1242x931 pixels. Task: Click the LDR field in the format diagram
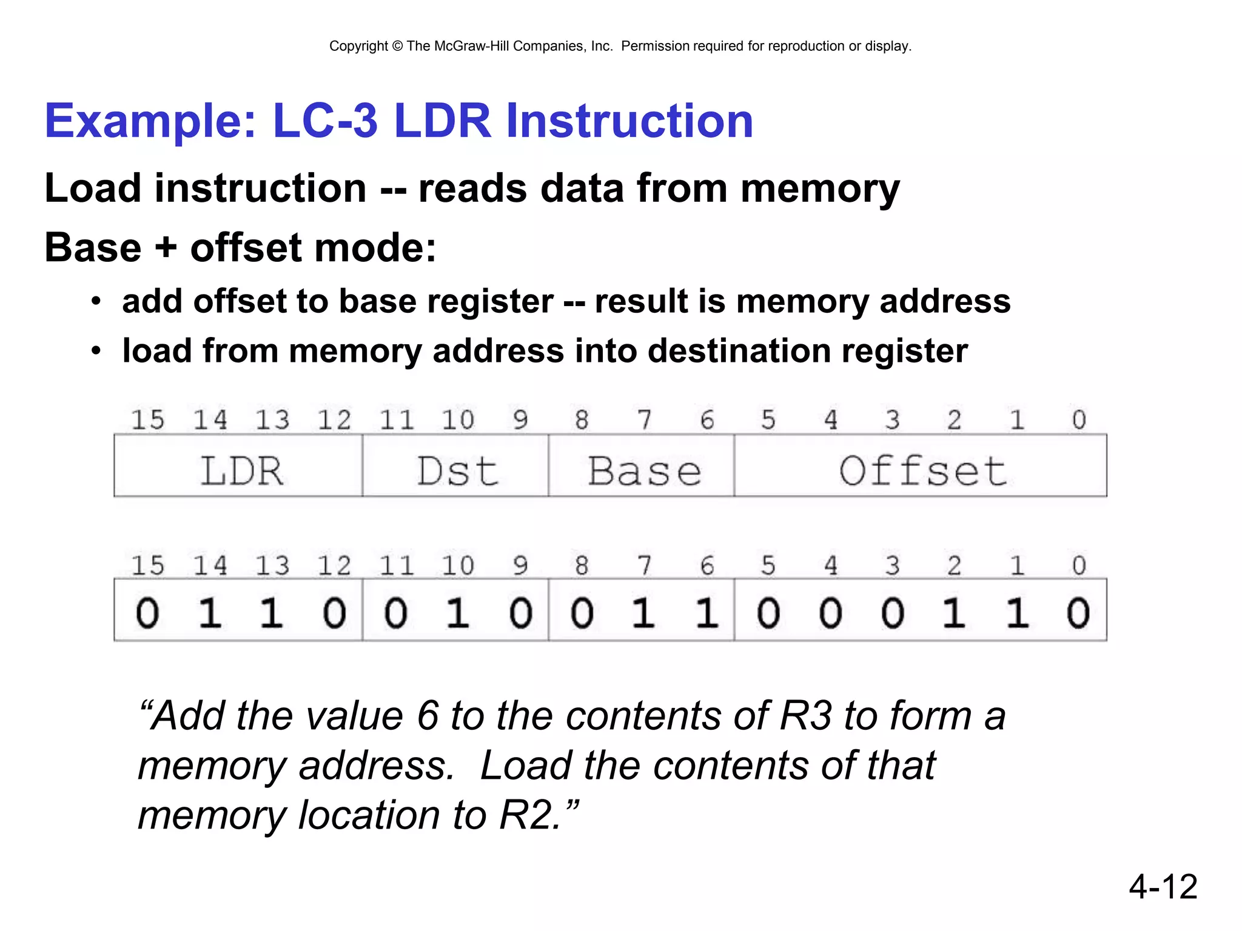[241, 471]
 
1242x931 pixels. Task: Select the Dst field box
[457, 471]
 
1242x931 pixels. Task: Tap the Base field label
[644, 471]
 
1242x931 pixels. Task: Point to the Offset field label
[922, 471]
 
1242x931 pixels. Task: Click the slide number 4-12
[1163, 887]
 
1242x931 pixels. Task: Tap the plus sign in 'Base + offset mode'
[166, 248]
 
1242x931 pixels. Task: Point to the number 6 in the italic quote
[428, 716]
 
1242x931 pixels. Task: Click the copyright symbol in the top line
[397, 46]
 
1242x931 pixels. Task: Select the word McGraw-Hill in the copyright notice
[471, 46]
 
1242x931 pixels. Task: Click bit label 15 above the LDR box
[147, 419]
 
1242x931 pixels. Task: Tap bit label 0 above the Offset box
[1078, 419]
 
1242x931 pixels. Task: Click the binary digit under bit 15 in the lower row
[147, 613]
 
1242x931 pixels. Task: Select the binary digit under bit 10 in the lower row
[458, 613]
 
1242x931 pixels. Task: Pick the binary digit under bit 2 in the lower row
[954, 613]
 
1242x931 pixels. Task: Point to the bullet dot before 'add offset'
[96, 301]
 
